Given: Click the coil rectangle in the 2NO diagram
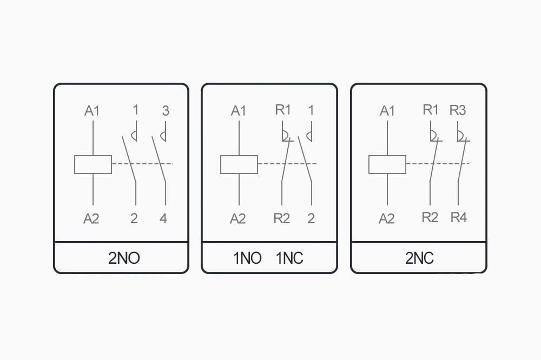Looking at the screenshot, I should click(93, 164).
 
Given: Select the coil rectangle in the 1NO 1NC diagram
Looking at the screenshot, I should click(239, 164).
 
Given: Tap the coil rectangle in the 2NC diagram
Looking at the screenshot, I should click(387, 164).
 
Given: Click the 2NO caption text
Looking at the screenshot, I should click(124, 258).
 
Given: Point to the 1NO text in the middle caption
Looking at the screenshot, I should click(247, 258).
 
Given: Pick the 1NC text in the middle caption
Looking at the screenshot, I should click(289, 258).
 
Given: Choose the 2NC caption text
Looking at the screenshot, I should click(419, 258).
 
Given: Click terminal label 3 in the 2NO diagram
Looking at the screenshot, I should click(166, 111).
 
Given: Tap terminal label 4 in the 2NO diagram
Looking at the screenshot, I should click(163, 218).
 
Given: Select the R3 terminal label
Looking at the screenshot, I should click(458, 110).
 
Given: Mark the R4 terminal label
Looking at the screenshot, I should click(459, 217).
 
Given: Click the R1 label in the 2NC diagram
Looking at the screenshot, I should click(431, 110).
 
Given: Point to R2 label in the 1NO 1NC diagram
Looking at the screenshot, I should click(282, 218).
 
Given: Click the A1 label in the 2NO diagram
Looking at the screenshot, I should click(92, 111).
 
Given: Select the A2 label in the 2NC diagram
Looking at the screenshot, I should click(386, 219).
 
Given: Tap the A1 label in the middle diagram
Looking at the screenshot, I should click(239, 111).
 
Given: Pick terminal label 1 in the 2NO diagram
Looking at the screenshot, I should click(136, 110).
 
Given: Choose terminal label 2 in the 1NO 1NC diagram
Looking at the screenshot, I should click(311, 218).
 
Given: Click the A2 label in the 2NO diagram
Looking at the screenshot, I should click(91, 219).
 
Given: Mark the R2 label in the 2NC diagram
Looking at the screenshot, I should click(430, 217).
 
